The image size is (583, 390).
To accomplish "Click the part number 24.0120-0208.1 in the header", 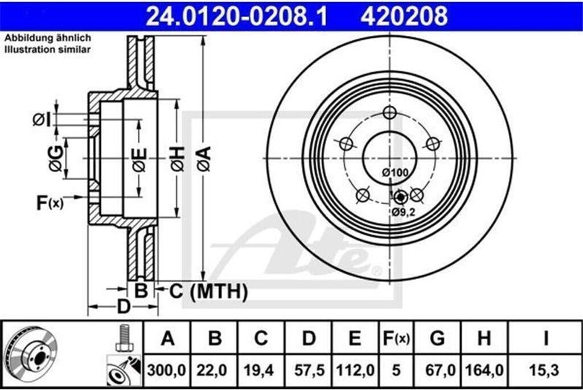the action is click(236, 16).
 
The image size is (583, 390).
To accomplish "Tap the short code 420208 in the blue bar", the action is click(404, 16).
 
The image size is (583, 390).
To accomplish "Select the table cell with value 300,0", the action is click(166, 370).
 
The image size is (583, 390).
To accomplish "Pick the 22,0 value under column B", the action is click(214, 370).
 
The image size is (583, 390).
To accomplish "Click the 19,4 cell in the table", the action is click(260, 370).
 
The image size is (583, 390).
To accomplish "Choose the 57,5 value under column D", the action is click(309, 370).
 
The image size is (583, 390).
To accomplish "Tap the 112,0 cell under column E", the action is click(355, 370).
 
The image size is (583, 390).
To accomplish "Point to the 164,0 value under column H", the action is click(485, 370).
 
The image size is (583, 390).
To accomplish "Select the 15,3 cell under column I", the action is click(545, 370).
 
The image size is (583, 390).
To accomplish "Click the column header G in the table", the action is click(437, 338).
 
